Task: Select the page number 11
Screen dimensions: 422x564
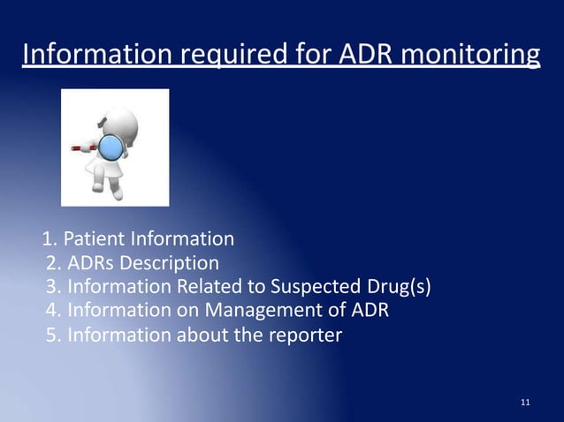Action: [526, 403]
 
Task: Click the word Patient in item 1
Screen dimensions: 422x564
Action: [95, 239]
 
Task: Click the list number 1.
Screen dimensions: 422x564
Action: [50, 239]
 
